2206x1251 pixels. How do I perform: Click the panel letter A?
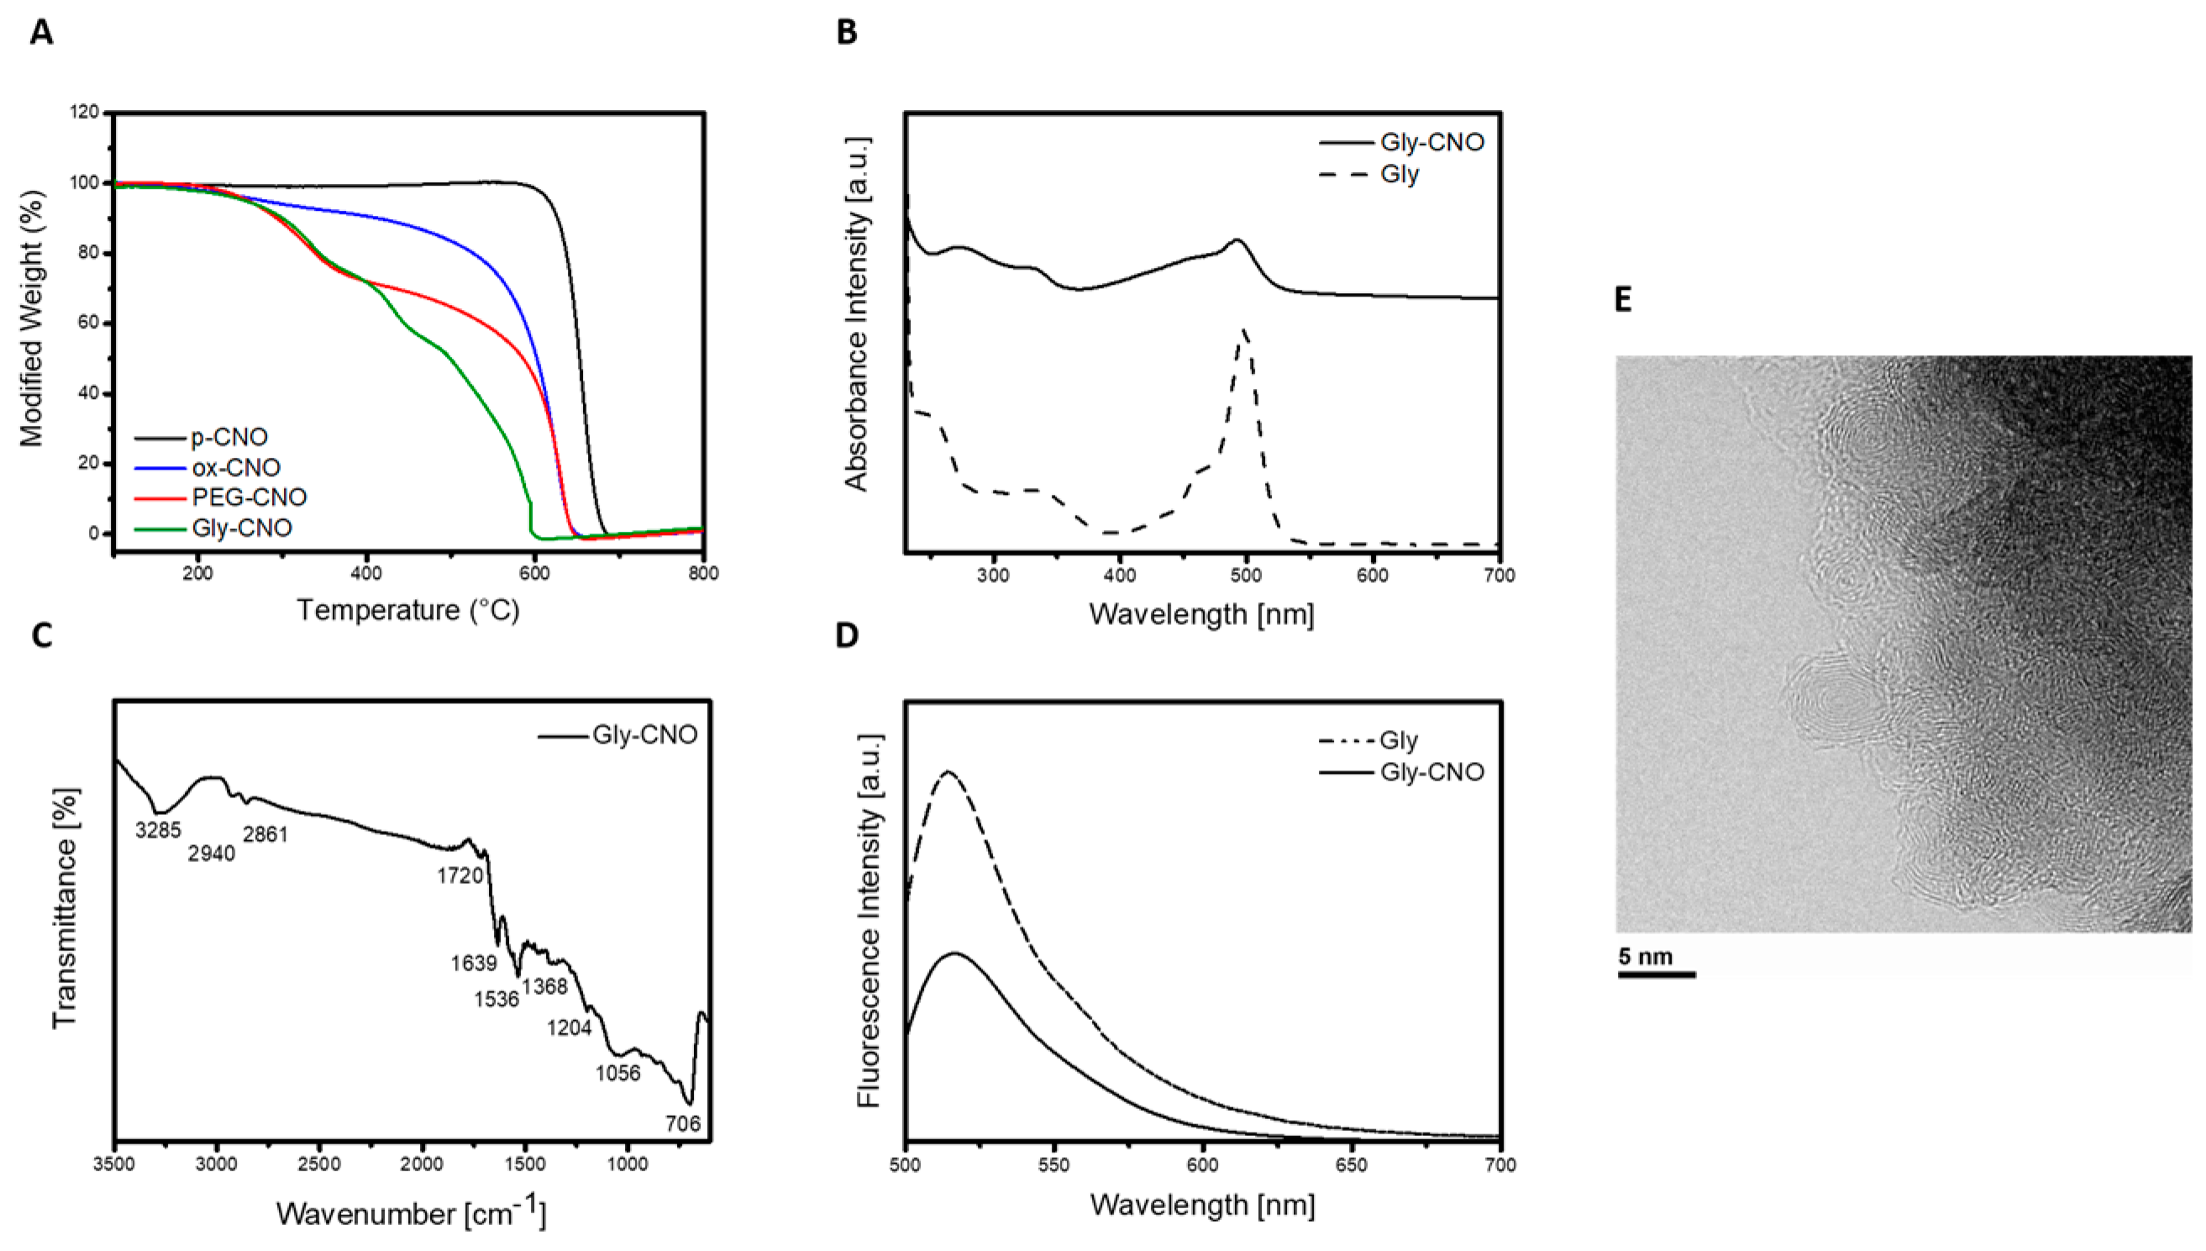pos(40,32)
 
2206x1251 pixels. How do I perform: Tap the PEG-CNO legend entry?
pos(249,497)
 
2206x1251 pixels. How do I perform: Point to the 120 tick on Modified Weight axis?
pos(85,112)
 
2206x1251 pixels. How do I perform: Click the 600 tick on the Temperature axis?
pos(534,574)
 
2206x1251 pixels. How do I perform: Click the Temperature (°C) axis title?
pos(408,610)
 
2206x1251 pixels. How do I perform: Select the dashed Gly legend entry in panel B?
pos(1400,175)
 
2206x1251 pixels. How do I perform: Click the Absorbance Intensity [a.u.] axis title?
pos(858,313)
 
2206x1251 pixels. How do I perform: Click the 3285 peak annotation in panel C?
pos(158,830)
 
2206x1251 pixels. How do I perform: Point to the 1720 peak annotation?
pos(460,875)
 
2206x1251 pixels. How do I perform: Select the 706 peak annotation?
pos(683,1123)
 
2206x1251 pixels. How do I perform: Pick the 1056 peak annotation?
pos(617,1072)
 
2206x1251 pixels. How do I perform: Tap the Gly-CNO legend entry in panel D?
pos(1431,772)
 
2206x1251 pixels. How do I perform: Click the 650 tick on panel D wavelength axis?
pos(1352,1166)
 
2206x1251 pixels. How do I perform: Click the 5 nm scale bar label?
pos(1645,956)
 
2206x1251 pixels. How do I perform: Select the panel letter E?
pos(1623,300)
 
